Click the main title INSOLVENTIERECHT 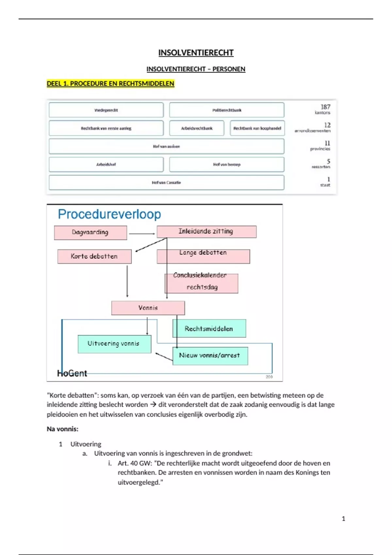[x=196, y=53]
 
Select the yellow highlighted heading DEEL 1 [x=110, y=84]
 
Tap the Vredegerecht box [x=106, y=110]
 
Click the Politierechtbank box [x=227, y=110]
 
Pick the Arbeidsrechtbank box [x=197, y=128]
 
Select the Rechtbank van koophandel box [x=257, y=128]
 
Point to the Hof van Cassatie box [x=166, y=182]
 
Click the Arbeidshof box [x=106, y=164]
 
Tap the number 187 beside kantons [x=325, y=107]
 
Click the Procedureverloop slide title [x=109, y=214]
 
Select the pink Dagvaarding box [x=90, y=232]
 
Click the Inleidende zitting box [x=206, y=231]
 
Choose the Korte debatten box [x=94, y=256]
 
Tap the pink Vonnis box [x=148, y=308]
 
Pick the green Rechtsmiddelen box [x=209, y=329]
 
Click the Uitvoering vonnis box [x=114, y=344]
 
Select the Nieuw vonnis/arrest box [x=210, y=356]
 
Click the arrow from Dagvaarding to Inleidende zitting [x=142, y=234]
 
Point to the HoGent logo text [x=72, y=373]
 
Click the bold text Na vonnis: [x=62, y=429]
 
